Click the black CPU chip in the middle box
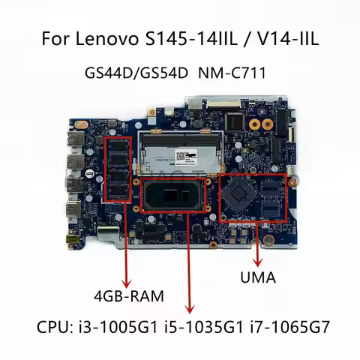coord(175,203)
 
